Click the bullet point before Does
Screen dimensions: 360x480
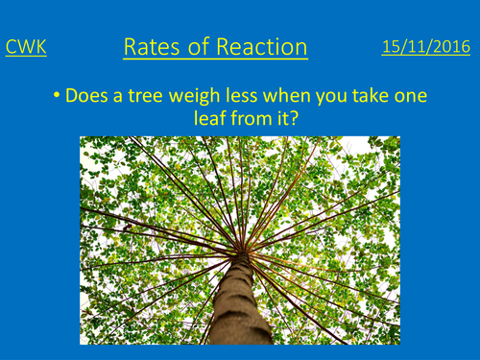(60, 97)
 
